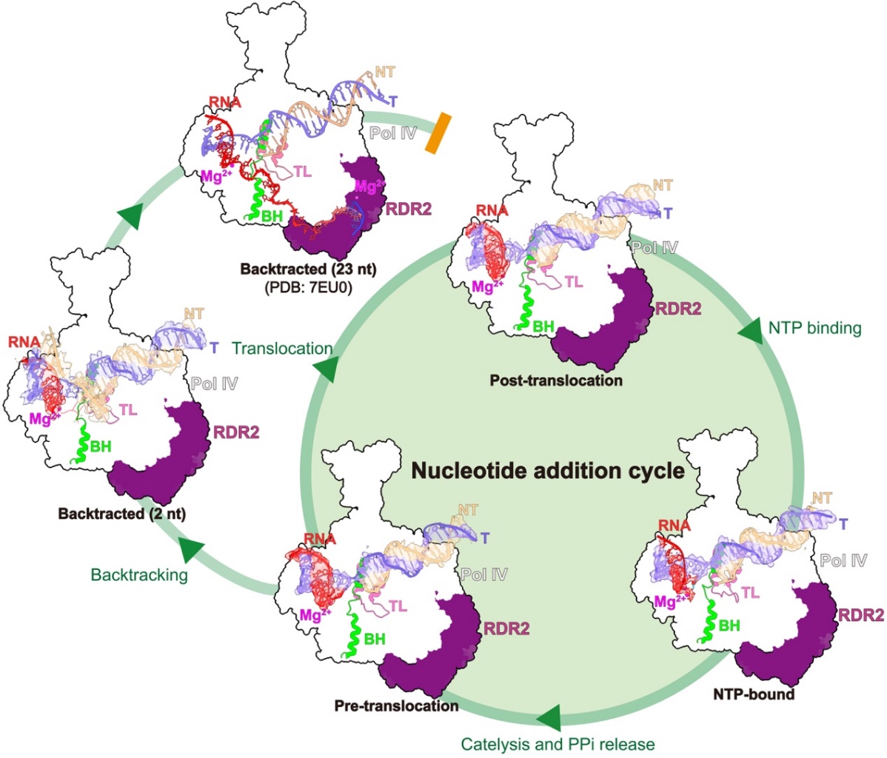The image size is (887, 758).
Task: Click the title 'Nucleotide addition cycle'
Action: pyautogui.click(x=548, y=471)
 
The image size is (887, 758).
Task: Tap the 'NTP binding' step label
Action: pyautogui.click(x=814, y=327)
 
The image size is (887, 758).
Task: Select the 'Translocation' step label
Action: pyautogui.click(x=282, y=348)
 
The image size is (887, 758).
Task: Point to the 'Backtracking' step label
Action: pyautogui.click(x=139, y=574)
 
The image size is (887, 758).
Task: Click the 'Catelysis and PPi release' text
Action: pyautogui.click(x=558, y=743)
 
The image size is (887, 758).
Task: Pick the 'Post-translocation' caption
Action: pyautogui.click(x=556, y=380)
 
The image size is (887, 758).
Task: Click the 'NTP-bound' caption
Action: pyautogui.click(x=754, y=694)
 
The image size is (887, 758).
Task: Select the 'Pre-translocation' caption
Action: pyautogui.click(x=396, y=705)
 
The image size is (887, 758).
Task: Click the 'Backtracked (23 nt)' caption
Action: pyautogui.click(x=308, y=269)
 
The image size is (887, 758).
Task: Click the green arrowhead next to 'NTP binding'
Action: pyautogui.click(x=751, y=331)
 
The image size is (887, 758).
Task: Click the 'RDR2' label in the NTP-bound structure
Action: pyautogui.click(x=861, y=614)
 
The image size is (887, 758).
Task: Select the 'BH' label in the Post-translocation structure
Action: pyautogui.click(x=543, y=326)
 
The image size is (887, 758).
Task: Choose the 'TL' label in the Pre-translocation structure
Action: pyautogui.click(x=398, y=606)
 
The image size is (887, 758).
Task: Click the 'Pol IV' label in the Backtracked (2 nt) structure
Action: pyautogui.click(x=214, y=383)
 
